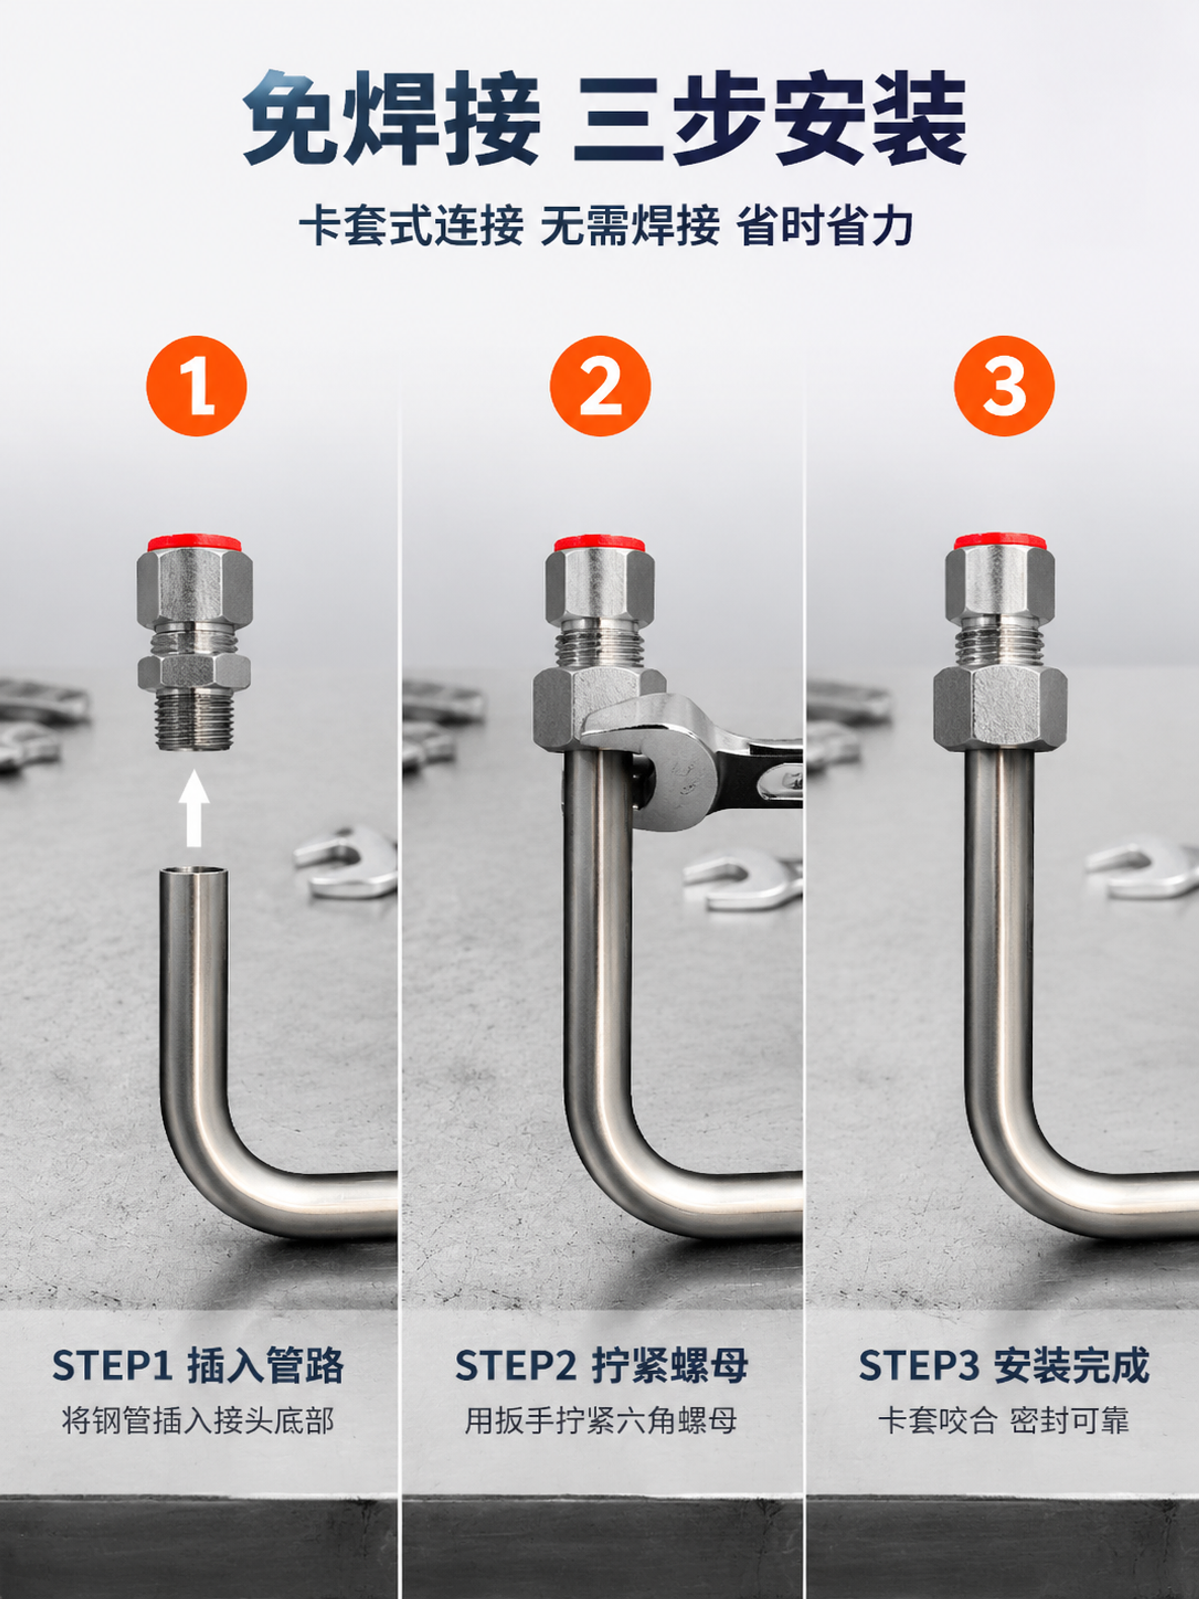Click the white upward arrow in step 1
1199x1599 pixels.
[x=193, y=808]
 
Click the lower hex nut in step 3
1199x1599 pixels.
[x=1000, y=707]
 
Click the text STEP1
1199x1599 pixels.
[x=112, y=1365]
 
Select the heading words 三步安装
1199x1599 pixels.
[x=770, y=119]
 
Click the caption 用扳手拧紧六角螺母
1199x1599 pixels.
[x=600, y=1421]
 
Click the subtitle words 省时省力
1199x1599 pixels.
[x=825, y=225]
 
